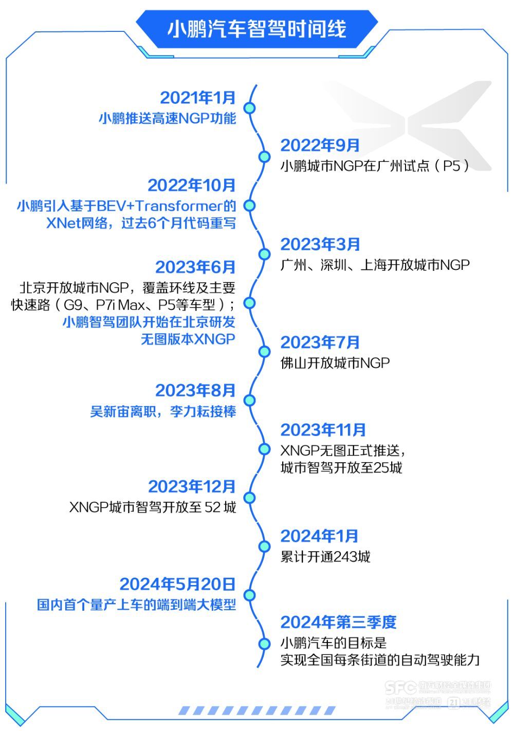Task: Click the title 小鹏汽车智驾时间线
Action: [256, 29]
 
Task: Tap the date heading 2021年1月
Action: [197, 98]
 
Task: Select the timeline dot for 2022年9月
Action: [264, 157]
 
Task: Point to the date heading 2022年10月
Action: [191, 185]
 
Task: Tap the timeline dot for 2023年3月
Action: [264, 254]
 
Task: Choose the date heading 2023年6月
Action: [195, 267]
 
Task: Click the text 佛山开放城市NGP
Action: [335, 363]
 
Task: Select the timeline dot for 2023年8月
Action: [249, 400]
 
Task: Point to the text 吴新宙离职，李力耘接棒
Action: [163, 412]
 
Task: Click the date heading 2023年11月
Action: [323, 430]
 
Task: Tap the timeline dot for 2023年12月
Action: [249, 497]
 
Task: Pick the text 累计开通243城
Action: [325, 557]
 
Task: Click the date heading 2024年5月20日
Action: [177, 584]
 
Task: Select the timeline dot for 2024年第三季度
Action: [264, 644]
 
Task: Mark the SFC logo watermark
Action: [400, 687]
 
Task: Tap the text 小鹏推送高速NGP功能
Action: [167, 119]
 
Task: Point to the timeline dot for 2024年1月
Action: [264, 546]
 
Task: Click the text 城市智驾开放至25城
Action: [341, 468]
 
